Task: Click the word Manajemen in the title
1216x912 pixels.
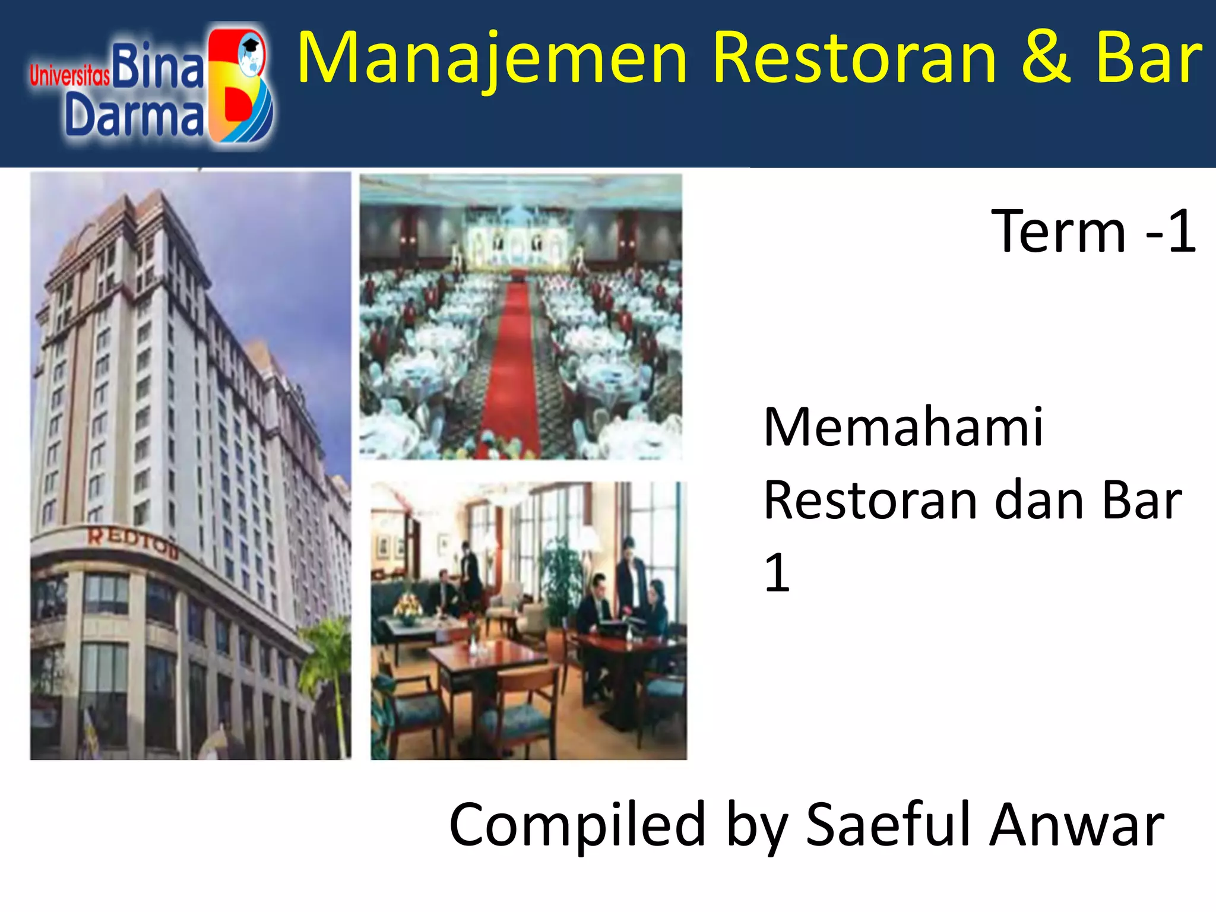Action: tap(492, 58)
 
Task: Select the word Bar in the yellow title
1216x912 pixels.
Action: tap(1149, 58)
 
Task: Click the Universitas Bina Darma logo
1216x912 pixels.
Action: tap(152, 86)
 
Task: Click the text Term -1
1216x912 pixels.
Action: tap(1093, 232)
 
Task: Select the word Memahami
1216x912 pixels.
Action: tap(903, 427)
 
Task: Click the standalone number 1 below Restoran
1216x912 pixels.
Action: tap(777, 572)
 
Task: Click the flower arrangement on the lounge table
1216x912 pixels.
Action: tap(408, 607)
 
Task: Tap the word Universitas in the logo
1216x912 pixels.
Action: tap(69, 76)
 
